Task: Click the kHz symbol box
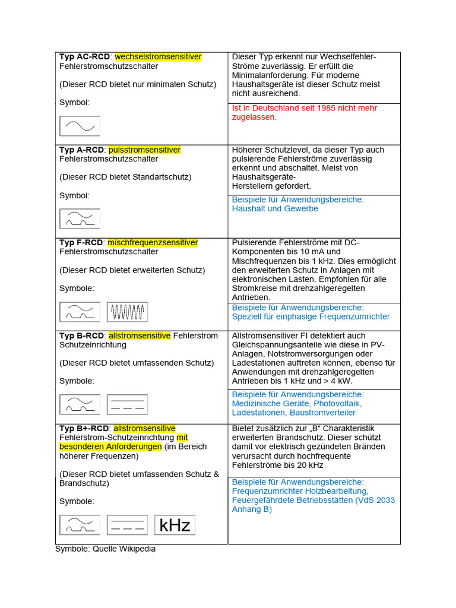coord(175,525)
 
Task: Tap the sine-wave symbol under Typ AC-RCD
coord(80,126)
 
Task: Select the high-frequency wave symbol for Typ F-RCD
coord(128,312)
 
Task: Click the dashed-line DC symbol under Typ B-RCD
coord(128,404)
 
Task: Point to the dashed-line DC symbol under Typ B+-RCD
coord(128,525)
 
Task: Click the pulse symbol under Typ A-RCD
coord(80,218)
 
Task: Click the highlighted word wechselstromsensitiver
coord(158,57)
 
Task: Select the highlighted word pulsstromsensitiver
coord(144,150)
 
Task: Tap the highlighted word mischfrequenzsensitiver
coord(153,242)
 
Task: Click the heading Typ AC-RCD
coord(84,57)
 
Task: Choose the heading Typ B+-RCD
coord(84,428)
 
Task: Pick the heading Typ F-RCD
coord(81,242)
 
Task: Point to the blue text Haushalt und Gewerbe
coord(275,209)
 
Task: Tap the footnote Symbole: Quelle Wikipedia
coord(105,549)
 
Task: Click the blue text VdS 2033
coord(376,500)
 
